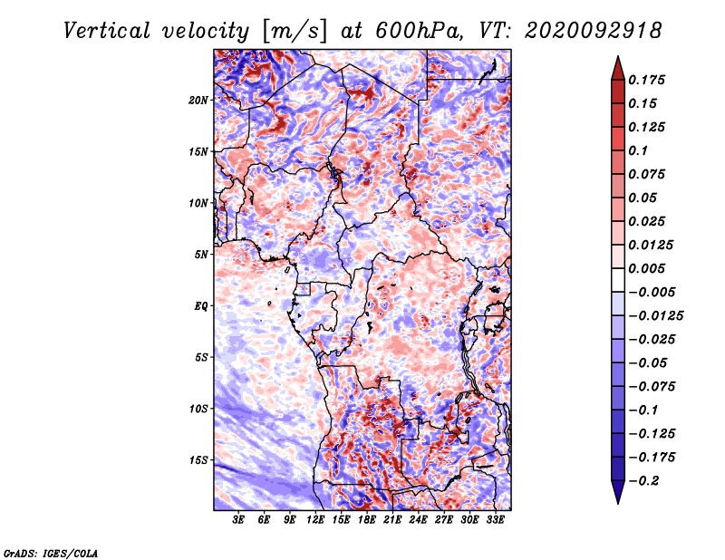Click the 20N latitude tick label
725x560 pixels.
tap(198, 101)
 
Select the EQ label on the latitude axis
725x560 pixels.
tap(201, 306)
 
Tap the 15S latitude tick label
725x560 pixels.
tap(198, 460)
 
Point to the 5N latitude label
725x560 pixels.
tap(201, 255)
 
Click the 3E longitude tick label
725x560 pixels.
tap(238, 520)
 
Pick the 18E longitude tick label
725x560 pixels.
tap(367, 520)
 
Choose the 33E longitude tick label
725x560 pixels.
tap(495, 520)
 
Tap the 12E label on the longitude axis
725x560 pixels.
tap(315, 520)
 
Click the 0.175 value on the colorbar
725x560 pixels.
tap(646, 80)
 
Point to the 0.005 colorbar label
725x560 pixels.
tap(646, 268)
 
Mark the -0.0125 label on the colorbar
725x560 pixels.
tap(655, 316)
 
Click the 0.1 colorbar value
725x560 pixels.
tap(638, 150)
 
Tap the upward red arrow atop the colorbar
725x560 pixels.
tap(618, 68)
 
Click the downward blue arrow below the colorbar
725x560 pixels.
tap(618, 492)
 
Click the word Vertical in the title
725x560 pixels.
tap(107, 31)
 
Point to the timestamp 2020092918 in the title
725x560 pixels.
tap(593, 31)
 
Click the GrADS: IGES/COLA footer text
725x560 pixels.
tap(51, 554)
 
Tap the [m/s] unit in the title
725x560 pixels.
tap(295, 31)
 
